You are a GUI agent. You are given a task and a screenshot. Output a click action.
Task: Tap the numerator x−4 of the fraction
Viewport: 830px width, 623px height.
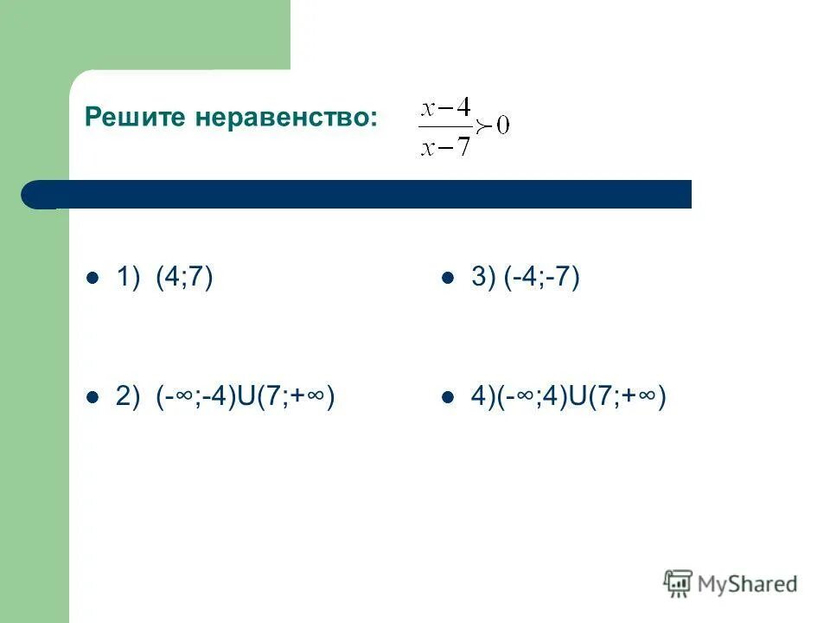click(x=445, y=108)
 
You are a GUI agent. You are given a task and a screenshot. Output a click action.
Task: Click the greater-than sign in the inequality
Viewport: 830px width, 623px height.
click(x=484, y=127)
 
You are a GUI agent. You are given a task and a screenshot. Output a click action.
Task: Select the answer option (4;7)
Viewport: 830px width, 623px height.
click(x=184, y=278)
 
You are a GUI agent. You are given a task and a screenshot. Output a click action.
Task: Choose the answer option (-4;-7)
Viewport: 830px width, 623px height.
click(x=542, y=278)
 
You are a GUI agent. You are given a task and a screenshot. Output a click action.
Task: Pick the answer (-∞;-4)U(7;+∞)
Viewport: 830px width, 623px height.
click(x=246, y=397)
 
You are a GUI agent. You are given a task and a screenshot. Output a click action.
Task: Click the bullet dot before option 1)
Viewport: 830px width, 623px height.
click(x=93, y=279)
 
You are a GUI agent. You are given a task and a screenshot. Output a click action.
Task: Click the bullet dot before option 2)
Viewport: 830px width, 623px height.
click(x=93, y=398)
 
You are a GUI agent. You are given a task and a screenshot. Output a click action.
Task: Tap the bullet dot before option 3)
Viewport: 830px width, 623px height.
click(x=448, y=279)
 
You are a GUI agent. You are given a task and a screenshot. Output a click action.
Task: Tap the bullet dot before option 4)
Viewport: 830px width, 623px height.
click(x=448, y=398)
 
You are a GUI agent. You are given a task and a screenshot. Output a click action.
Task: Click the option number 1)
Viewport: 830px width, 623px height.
click(x=127, y=278)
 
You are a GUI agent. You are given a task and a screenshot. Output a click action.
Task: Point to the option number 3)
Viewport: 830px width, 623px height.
click(x=482, y=278)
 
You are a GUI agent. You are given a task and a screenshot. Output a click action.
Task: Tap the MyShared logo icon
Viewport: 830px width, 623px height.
click(x=679, y=582)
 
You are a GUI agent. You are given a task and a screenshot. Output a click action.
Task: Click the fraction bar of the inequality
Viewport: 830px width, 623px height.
click(x=445, y=127)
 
